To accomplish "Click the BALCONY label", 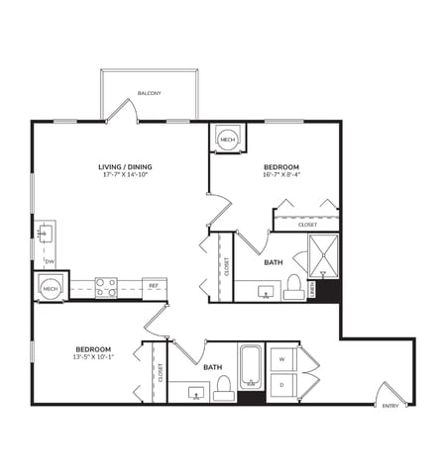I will tap(150, 93).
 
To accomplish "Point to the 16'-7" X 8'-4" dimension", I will tap(280, 175).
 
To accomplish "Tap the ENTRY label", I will tap(390, 405).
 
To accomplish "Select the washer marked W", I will tap(282, 358).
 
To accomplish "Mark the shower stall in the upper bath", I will tap(323, 255).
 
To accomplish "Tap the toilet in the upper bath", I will tap(293, 286).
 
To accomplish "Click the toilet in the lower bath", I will tap(224, 386).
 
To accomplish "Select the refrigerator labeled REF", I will tap(154, 287).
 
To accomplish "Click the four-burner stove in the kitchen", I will tap(106, 287).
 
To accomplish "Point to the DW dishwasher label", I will tap(49, 261).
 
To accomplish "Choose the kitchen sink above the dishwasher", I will tap(45, 234).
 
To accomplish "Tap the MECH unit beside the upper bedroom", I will tap(227, 140).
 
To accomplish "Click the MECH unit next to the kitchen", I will tap(51, 287).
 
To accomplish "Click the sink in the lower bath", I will tap(195, 393).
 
